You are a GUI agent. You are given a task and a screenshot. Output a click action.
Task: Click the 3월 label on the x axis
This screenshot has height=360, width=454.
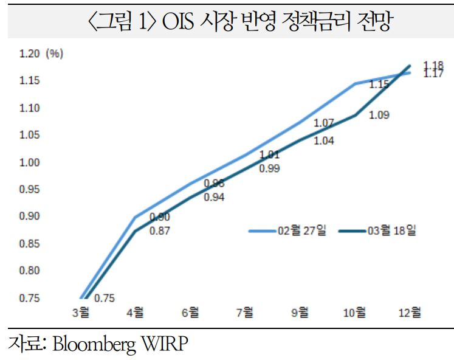point(80,312)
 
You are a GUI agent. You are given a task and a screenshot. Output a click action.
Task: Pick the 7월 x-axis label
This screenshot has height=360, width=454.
point(245,312)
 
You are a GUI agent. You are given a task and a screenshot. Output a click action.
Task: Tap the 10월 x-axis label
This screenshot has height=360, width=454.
point(354,312)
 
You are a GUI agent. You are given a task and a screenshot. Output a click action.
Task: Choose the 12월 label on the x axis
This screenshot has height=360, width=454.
point(409,312)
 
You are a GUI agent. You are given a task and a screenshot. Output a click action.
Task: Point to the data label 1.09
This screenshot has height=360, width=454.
point(380,115)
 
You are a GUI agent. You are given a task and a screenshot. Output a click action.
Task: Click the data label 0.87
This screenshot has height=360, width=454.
point(160,230)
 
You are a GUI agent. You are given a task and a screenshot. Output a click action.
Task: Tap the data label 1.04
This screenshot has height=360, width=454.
point(324,141)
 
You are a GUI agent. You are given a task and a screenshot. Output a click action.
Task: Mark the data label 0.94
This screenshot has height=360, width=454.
point(214,197)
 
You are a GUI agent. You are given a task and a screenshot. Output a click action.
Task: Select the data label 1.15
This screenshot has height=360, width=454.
point(379,85)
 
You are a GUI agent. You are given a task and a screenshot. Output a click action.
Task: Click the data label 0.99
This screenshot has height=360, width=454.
point(269,169)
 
